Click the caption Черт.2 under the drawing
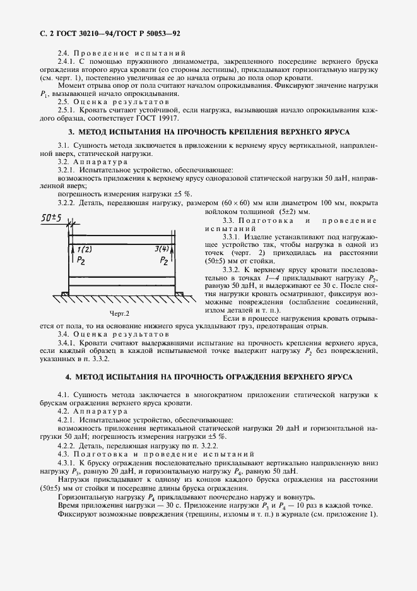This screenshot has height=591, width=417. (119, 313)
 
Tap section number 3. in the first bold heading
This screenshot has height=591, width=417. (71, 132)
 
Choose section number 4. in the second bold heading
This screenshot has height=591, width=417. (69, 376)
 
